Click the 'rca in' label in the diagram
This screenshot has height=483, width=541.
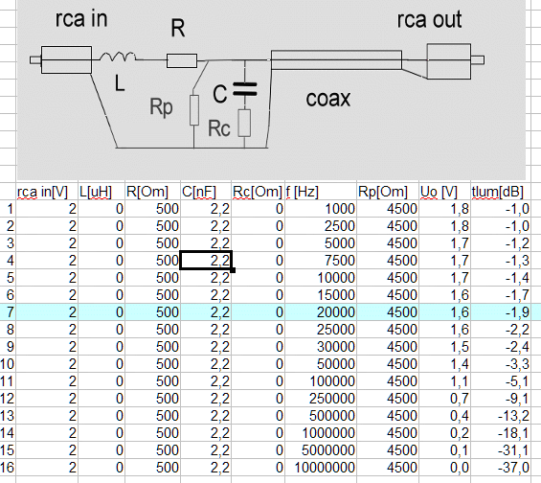point(81,18)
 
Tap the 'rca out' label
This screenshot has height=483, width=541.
point(429,19)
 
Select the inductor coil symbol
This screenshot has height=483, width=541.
point(118,57)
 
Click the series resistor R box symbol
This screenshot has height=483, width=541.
point(182,60)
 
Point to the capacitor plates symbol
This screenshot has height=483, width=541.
point(245,89)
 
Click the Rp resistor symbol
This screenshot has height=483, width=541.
point(194,110)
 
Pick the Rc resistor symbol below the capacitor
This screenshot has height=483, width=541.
point(244,124)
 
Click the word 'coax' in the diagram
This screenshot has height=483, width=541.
point(328,99)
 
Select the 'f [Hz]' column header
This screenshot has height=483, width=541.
point(303,192)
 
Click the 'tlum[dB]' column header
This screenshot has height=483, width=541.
point(498,192)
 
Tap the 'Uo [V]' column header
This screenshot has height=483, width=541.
point(439,192)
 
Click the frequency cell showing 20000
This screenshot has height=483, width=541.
point(336,312)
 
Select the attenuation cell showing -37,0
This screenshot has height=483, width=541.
point(513,468)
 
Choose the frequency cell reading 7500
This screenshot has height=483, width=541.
point(340,261)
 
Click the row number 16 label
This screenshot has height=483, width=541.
point(8,468)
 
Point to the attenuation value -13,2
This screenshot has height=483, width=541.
point(513,416)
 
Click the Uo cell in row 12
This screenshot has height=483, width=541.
point(460,399)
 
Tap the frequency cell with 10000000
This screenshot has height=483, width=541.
point(325,468)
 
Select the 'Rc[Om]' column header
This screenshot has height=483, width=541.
point(258,192)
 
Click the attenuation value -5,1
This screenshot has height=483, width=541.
point(517,381)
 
